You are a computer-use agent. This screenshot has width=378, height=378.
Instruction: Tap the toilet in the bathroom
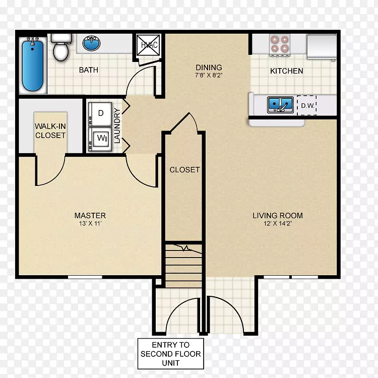pyautogui.click(x=61, y=48)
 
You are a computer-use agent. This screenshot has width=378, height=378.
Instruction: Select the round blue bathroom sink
pyautogui.click(x=91, y=43)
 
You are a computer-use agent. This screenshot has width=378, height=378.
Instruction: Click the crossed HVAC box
pyautogui.click(x=148, y=45)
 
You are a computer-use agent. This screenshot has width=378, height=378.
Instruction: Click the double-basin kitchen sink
pyautogui.click(x=280, y=105)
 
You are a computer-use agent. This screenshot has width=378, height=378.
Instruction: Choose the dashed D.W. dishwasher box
pyautogui.click(x=306, y=105)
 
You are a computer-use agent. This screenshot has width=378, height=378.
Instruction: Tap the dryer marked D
pyautogui.click(x=100, y=114)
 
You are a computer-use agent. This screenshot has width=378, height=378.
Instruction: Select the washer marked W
pyautogui.click(x=100, y=139)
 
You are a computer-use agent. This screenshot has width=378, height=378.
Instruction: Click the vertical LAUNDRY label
pyautogui.click(x=117, y=125)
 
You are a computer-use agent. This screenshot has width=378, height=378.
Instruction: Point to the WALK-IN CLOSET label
pyautogui.click(x=50, y=131)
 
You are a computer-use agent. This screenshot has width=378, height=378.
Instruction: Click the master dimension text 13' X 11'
pyautogui.click(x=90, y=223)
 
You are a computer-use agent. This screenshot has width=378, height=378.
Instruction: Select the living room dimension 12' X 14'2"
pyautogui.click(x=278, y=223)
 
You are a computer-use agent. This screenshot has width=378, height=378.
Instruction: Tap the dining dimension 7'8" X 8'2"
pyautogui.click(x=209, y=75)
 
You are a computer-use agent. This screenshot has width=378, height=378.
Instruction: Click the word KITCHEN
pyautogui.click(x=286, y=71)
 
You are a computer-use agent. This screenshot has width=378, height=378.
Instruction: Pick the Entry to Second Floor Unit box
pyautogui.click(x=171, y=354)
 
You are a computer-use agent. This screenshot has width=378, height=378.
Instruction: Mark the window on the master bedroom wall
pyautogui.click(x=85, y=277)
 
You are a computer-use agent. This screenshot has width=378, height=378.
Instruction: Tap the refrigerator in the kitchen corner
pyautogui.click(x=322, y=46)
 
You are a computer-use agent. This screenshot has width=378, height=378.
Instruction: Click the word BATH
pyautogui.click(x=89, y=70)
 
